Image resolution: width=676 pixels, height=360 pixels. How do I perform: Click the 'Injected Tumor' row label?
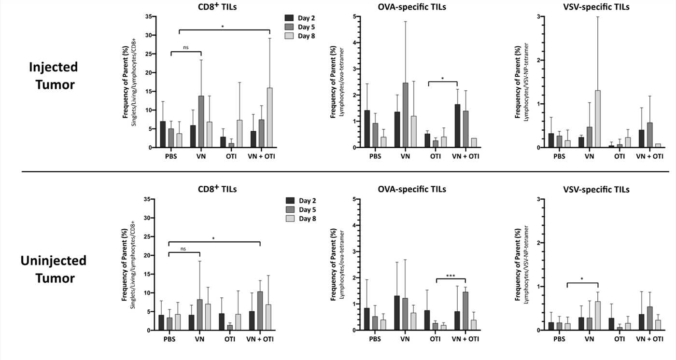tap(51, 75)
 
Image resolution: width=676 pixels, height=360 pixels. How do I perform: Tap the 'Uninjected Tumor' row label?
tap(54, 270)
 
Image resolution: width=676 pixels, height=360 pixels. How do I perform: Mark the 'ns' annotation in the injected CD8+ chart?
tap(185, 47)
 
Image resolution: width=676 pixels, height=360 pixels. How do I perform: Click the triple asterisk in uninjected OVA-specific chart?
tap(450, 276)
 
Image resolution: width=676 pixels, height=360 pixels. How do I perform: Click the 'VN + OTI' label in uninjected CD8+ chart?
tap(260, 339)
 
